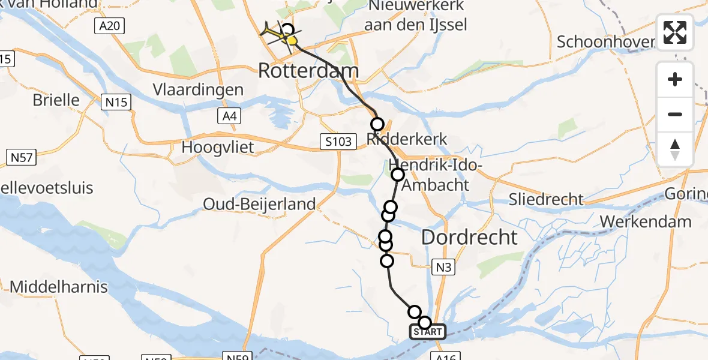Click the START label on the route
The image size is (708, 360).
coord(428,332)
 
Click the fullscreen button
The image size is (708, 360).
coord(675,32)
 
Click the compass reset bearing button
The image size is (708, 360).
coord(675,149)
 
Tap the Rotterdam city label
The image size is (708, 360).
coord(308,71)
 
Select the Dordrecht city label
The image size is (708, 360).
coord(469,237)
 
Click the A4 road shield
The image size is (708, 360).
coord(229,116)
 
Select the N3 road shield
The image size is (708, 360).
coord(443,267)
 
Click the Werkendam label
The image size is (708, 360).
coord(645,221)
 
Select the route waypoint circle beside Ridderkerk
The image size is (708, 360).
coord(377,125)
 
